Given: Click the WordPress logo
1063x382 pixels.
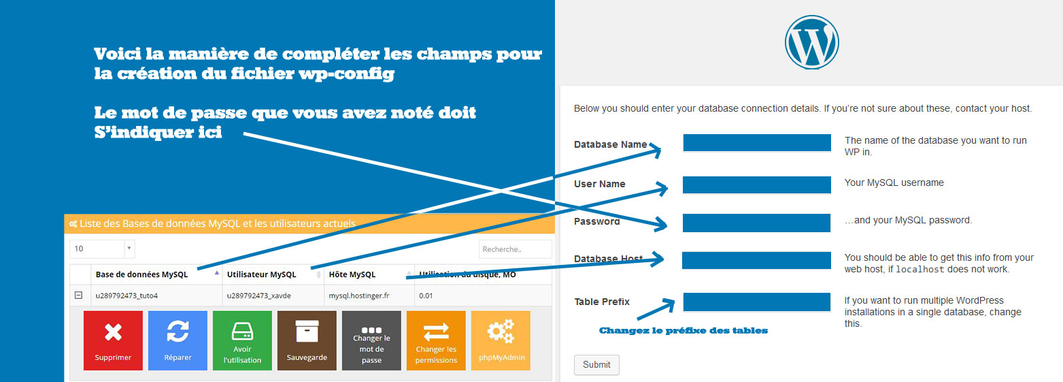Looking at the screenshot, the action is click(811, 42).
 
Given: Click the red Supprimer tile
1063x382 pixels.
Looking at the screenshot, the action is click(113, 340).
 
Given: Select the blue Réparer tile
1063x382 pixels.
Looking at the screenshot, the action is click(178, 340).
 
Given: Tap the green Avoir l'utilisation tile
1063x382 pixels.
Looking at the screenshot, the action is click(242, 340).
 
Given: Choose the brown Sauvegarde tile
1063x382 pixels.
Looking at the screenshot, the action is click(307, 340).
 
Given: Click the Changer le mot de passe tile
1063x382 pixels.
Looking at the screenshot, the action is click(371, 340).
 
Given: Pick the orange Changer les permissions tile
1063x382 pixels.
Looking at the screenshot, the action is click(436, 340).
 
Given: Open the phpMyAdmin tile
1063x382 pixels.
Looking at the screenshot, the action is click(501, 340).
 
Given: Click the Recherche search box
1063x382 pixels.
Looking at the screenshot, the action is click(516, 249).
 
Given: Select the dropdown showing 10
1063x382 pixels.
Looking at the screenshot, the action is click(102, 249).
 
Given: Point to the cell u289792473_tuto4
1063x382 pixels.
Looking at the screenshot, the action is click(126, 296).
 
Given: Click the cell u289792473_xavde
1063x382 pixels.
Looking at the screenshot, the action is click(258, 296).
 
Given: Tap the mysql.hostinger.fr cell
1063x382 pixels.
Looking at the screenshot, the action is click(359, 296).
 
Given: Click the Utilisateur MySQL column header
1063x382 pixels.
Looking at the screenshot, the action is click(261, 274).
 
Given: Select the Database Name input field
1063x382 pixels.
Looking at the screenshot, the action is click(757, 142).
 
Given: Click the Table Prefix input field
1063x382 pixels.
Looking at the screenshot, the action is click(757, 302).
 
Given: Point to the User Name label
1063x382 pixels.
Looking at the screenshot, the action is click(599, 184).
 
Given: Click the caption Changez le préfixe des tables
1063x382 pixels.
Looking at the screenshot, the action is click(683, 331).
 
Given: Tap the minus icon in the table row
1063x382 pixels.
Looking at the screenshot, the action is click(79, 295).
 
